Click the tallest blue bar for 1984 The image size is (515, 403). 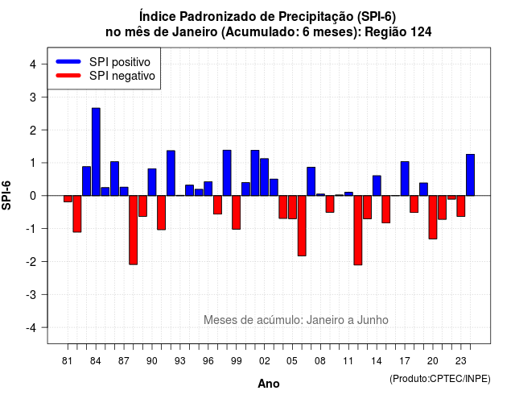pos(96,152)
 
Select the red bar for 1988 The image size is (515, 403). pos(134,230)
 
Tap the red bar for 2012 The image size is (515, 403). pos(358,231)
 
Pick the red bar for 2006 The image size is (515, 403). pos(302,226)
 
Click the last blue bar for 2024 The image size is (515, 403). pos(470,175)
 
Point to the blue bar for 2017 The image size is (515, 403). pos(405,179)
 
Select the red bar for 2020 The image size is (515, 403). pos(433,217)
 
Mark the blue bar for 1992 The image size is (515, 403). pos(171,173)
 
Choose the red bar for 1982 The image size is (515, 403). pos(77,214)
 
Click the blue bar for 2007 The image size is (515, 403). pos(311,181)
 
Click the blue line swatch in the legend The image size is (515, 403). pos(68,61)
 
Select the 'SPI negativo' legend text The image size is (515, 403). pos(122,76)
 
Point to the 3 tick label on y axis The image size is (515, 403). pos(32,97)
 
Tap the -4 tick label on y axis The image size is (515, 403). pos(31,327)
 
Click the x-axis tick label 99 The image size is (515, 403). pos(236,361)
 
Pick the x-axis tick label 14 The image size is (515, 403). pos(377,361)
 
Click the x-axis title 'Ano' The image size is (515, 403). pos(269,384)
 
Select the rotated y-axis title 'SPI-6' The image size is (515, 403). pos(6,195)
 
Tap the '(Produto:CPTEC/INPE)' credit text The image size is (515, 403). pos(440,379)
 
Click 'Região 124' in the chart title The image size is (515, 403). pos(398,32)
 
